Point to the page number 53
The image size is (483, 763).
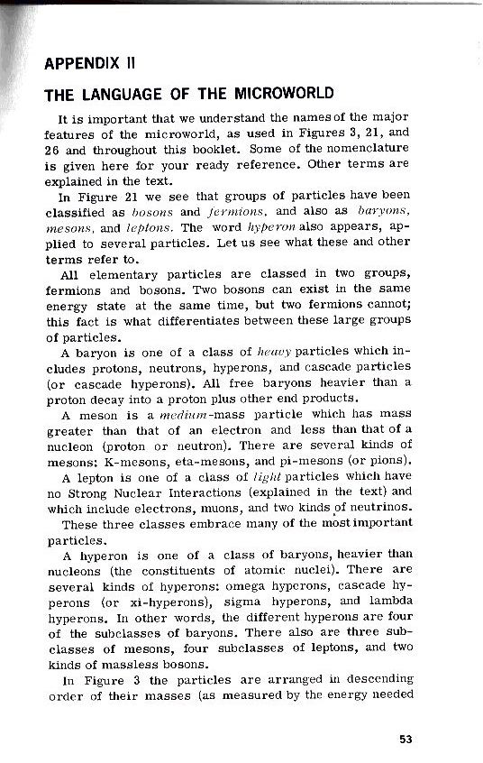406,739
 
